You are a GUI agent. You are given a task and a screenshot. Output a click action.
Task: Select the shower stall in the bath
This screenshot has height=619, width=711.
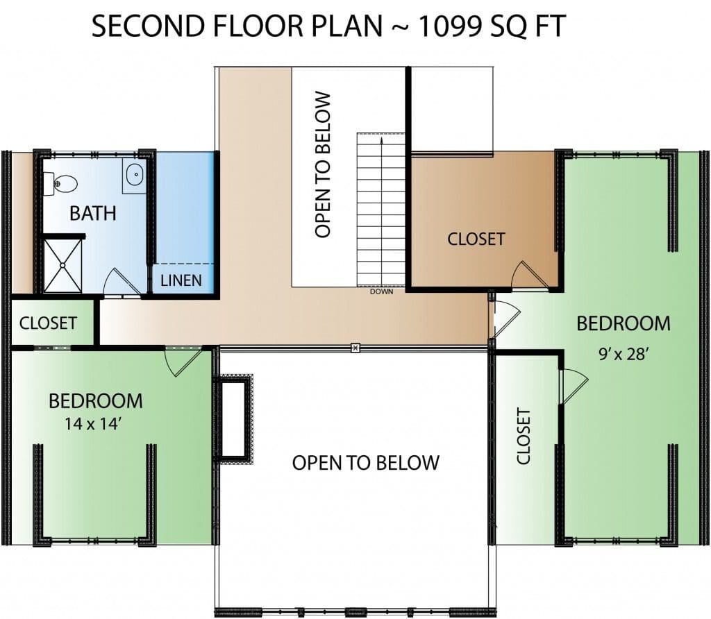coord(62,266)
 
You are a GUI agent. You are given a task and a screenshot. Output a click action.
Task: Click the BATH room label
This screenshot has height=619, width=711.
coord(93,213)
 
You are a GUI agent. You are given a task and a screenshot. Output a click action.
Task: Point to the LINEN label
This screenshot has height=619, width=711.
coord(181,280)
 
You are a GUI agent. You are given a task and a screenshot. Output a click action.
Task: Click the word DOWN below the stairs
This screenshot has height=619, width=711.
coord(381,292)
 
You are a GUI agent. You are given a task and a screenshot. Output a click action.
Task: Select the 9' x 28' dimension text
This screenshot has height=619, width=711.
coord(622,354)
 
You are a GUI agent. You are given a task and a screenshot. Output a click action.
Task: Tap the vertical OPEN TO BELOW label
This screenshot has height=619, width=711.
coord(323,165)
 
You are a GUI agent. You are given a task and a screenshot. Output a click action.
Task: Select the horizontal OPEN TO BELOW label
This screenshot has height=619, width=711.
coord(365,463)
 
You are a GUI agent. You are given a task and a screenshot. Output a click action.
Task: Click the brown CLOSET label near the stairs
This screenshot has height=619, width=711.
coord(476,239)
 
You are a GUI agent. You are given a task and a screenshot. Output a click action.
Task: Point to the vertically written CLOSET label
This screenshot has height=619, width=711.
coord(524,436)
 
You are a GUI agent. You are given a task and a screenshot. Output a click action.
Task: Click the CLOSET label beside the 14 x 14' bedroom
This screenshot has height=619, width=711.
coord(48,323)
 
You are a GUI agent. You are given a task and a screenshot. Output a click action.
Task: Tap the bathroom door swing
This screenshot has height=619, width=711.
coord(122,282)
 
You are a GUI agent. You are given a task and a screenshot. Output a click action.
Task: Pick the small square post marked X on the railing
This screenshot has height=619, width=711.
coord(355,348)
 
